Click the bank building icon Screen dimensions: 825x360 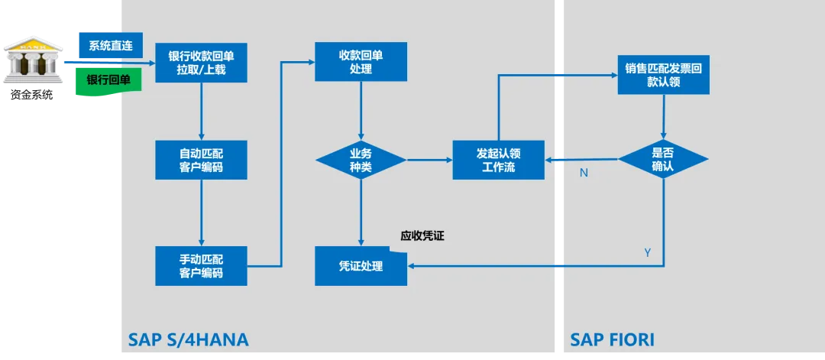(x=33, y=60)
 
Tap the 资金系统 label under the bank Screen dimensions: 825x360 (x=32, y=96)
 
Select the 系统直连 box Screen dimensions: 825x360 (x=112, y=45)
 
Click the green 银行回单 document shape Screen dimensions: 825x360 (x=109, y=81)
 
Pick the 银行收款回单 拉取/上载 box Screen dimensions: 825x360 (x=202, y=63)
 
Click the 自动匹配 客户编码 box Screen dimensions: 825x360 (x=202, y=160)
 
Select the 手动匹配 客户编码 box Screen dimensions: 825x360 (x=202, y=266)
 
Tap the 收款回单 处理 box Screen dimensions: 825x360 (x=361, y=62)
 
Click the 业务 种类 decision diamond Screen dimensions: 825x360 (x=361, y=160)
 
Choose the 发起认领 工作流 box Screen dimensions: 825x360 (x=498, y=160)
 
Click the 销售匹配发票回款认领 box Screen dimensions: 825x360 (x=664, y=75)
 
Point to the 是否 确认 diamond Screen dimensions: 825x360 (x=664, y=159)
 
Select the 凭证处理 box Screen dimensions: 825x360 (x=361, y=266)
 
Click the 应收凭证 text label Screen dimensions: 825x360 (x=422, y=236)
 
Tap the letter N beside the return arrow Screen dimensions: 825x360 (x=584, y=173)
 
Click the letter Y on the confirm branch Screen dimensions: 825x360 (x=648, y=253)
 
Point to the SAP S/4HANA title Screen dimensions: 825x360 (x=189, y=340)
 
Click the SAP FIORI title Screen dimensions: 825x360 (x=613, y=340)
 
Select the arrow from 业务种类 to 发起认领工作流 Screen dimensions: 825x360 (x=429, y=160)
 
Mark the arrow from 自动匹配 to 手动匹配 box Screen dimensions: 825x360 (x=202, y=212)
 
